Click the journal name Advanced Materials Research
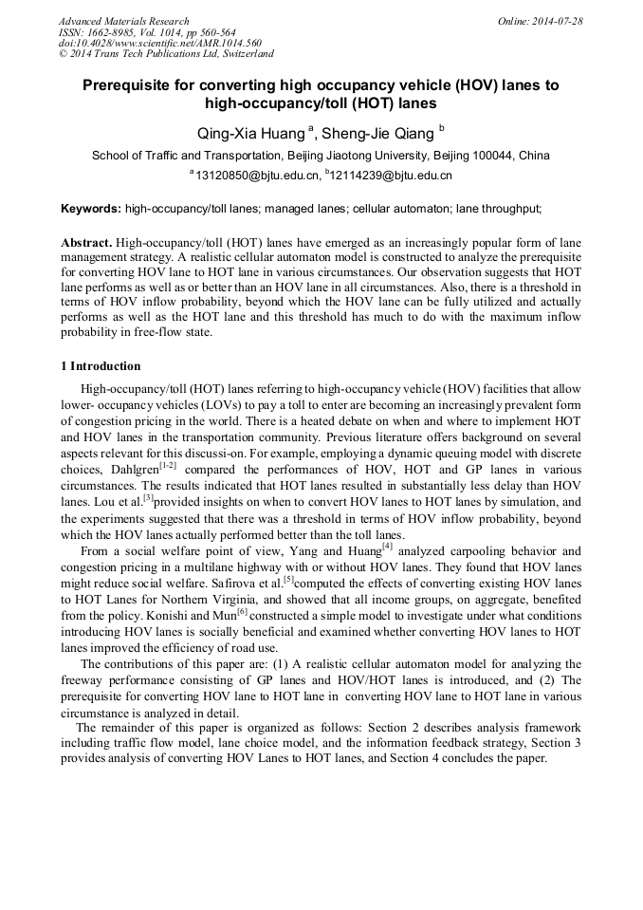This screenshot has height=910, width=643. (x=123, y=21)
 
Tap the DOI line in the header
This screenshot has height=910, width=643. (x=159, y=43)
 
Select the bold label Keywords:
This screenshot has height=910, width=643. (x=91, y=208)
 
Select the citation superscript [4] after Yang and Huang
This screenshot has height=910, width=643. (x=387, y=546)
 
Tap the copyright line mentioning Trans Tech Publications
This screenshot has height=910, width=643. (x=166, y=54)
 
